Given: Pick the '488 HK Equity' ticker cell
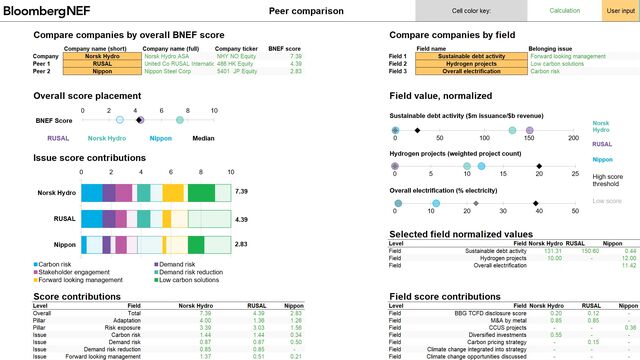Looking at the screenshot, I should (x=236, y=64).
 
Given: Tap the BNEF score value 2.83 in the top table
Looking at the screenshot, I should (x=295, y=72).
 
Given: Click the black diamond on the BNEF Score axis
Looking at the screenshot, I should (x=140, y=119).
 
